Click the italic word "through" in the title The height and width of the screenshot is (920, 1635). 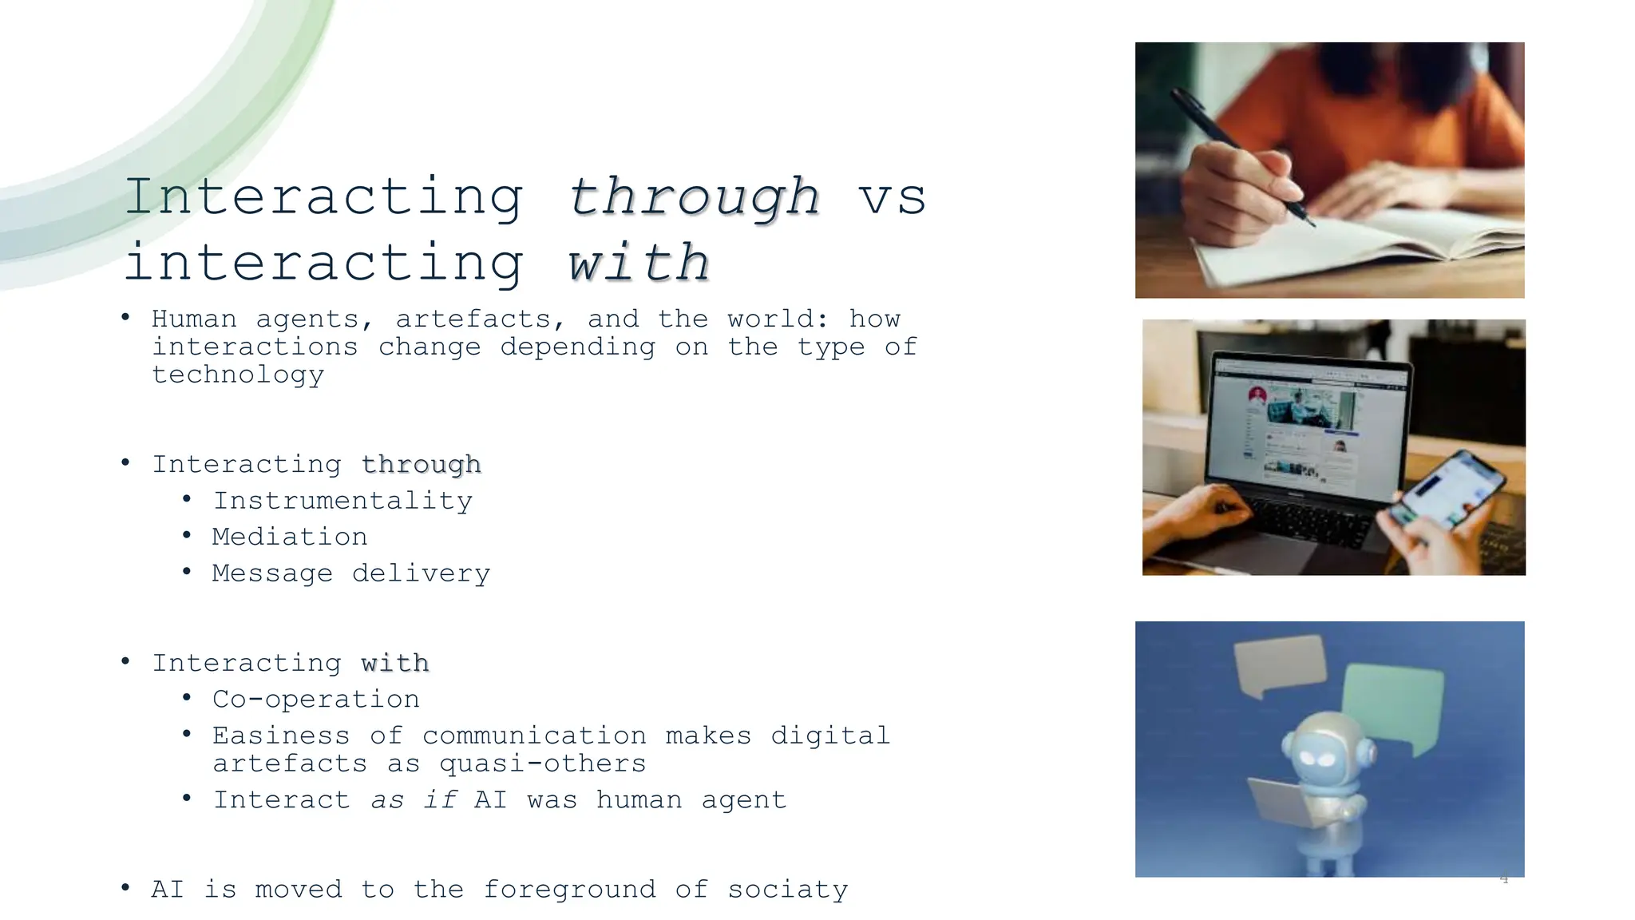tap(693, 197)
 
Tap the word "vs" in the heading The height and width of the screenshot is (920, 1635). tap(892, 198)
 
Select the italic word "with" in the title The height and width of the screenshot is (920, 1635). tap(639, 263)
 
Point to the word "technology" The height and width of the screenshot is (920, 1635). tap(238, 375)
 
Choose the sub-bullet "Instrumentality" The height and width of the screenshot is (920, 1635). tap(342, 501)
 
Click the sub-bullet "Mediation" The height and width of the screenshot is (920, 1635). tap(289, 537)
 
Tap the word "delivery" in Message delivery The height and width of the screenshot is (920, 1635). tap(421, 573)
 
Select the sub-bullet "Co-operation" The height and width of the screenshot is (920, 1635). tap(315, 700)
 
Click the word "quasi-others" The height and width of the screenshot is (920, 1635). tap(542, 763)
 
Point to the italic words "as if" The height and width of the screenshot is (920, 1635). tap(414, 799)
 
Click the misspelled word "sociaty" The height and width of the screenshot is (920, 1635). tap(787, 889)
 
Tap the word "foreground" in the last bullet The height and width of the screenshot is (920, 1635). tap(569, 889)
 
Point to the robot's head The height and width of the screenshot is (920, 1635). tap(1328, 751)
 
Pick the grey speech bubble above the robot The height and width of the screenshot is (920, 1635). tap(1280, 664)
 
